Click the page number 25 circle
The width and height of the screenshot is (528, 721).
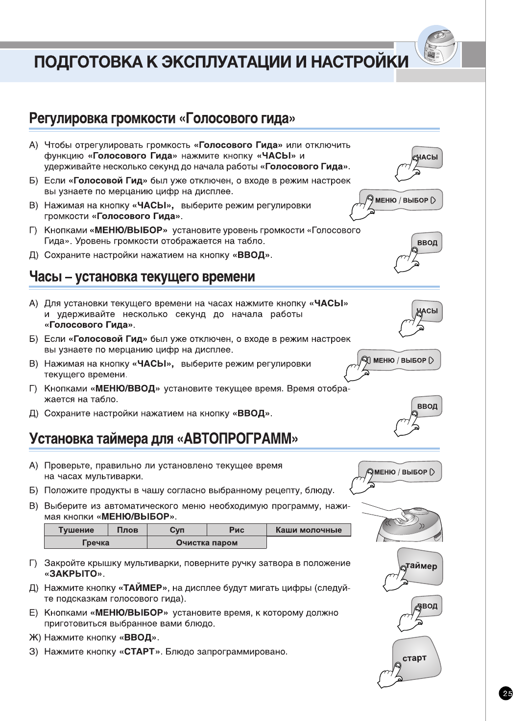tap(506, 693)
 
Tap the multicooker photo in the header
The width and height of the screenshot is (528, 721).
tap(437, 46)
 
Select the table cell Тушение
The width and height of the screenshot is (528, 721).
tap(76, 530)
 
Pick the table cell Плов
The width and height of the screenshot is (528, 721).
tap(127, 530)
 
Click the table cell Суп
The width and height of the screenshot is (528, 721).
tap(177, 530)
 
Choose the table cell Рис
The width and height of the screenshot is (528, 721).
tap(237, 530)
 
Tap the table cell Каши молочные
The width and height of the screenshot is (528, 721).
tap(309, 530)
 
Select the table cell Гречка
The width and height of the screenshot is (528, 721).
tap(96, 542)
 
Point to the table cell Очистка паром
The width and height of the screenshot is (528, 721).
tap(207, 542)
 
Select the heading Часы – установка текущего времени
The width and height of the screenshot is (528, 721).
tap(142, 277)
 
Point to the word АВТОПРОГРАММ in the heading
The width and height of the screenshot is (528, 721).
tap(237, 438)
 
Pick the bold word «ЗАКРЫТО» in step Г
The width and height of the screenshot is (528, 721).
tap(73, 574)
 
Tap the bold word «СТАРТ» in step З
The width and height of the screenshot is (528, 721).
tap(140, 652)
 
